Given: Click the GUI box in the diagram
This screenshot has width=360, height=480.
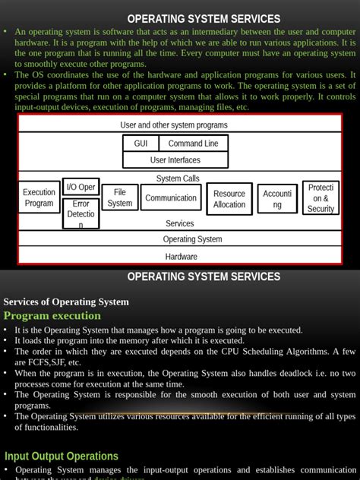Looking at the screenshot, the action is coord(141,144).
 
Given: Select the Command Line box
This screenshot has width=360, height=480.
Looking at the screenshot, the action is coord(193,144).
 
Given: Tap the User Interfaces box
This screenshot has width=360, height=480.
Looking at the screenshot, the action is coord(175,160).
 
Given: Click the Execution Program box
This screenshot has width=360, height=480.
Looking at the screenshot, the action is coord(39,197).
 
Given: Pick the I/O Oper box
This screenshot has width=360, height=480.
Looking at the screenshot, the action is coord(81,187).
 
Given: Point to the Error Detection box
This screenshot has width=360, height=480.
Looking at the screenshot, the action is coord(81,213).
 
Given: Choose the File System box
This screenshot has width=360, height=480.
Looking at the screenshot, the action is coord(120,197).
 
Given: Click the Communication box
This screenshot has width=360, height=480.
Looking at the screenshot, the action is coord(171,198).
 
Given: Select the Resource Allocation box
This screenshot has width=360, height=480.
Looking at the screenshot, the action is coord(229,199).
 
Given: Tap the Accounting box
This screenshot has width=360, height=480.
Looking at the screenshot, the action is coord(277,199).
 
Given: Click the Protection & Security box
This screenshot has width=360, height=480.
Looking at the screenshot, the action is coord(321,198).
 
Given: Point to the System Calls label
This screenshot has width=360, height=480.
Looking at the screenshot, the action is coord(178,178).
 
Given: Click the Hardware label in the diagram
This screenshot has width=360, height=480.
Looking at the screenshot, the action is coord(181,257).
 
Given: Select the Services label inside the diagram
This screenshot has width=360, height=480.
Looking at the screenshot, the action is coord(180,223).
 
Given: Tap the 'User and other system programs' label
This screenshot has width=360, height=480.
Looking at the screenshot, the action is coord(174,125).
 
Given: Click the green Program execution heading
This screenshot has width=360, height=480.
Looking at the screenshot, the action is coord(52,316).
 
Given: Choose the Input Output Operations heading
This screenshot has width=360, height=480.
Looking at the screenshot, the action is coord(62,456).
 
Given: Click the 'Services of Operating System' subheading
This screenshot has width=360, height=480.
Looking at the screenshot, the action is coord(66,302).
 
